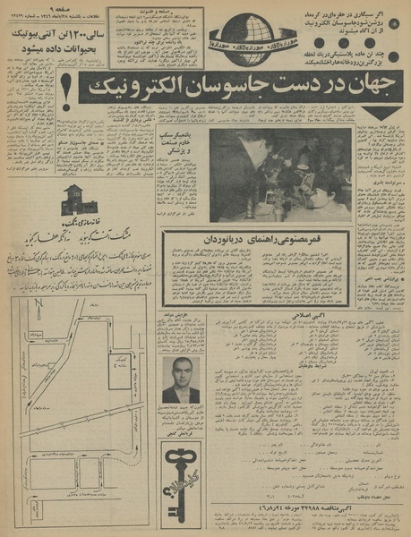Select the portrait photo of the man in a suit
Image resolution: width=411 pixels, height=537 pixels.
point(180,381)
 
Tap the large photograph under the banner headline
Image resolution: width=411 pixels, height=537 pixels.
point(279,175)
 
